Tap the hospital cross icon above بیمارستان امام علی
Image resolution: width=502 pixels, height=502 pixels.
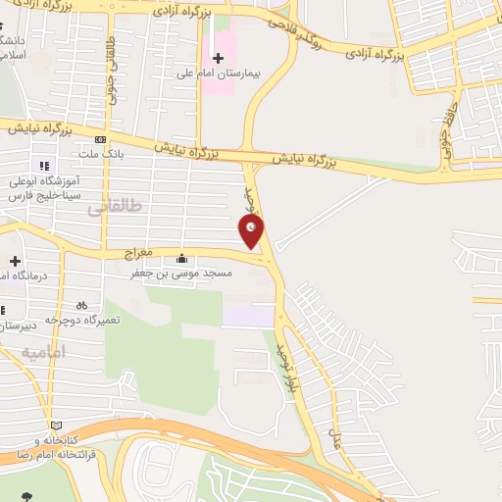(x=218, y=58)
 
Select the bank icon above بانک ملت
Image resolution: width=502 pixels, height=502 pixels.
(x=101, y=140)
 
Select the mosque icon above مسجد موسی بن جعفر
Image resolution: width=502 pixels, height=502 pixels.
(x=181, y=259)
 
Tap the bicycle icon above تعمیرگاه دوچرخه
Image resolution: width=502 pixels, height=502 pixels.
(x=82, y=305)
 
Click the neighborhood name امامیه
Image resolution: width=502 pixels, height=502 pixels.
(x=41, y=351)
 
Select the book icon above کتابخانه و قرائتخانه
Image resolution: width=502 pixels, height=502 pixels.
(x=56, y=425)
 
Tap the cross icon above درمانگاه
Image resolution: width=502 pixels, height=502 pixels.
(x=15, y=261)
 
